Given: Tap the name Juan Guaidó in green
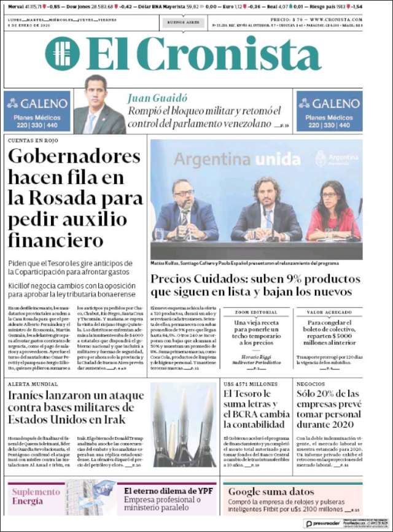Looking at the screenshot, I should pyautogui.click(x=157, y=98).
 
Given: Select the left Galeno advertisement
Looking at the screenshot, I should pyautogui.click(x=36, y=112).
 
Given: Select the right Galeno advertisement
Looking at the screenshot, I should pyautogui.click(x=329, y=112).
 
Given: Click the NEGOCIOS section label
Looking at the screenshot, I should pyautogui.click(x=311, y=384).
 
